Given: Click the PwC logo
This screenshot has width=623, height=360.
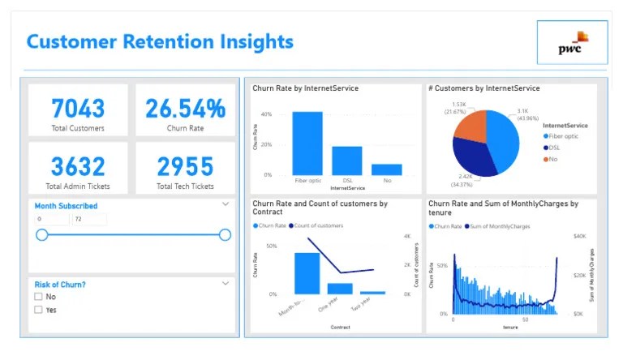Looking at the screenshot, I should pyautogui.click(x=572, y=43).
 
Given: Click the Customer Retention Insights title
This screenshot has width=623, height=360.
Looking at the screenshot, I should pyautogui.click(x=160, y=41).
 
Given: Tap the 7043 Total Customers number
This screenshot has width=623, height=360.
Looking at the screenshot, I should pyautogui.click(x=78, y=108).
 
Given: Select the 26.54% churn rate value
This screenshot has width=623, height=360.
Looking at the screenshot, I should pyautogui.click(x=185, y=108).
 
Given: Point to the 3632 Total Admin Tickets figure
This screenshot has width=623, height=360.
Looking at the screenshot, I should pyautogui.click(x=78, y=166).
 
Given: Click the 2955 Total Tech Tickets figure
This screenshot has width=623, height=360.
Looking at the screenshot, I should pyautogui.click(x=185, y=166).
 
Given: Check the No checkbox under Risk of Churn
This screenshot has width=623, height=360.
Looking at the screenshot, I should pyautogui.click(x=39, y=297).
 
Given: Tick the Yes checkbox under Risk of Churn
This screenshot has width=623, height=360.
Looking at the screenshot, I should pyautogui.click(x=39, y=310).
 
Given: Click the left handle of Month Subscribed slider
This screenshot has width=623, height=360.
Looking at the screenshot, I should pyautogui.click(x=42, y=235).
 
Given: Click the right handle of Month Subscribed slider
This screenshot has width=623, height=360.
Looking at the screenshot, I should pyautogui.click(x=225, y=235).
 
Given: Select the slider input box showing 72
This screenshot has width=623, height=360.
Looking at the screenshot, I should pyautogui.click(x=88, y=220).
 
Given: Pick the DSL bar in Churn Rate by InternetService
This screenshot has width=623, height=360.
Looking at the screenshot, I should pyautogui.click(x=347, y=161).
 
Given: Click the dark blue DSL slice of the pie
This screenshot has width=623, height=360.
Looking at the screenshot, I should pyautogui.click(x=472, y=158).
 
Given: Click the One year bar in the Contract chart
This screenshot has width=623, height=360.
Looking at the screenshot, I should pyautogui.click(x=340, y=288).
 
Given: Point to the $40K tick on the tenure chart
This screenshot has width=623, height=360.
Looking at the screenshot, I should pyautogui.click(x=579, y=237).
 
